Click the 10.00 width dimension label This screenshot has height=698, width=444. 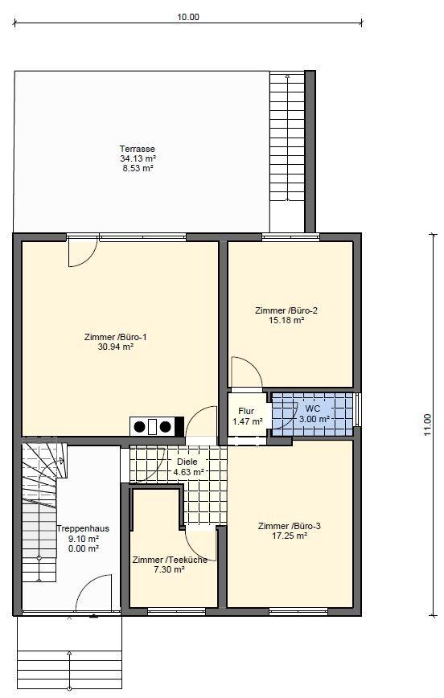[x=188, y=18]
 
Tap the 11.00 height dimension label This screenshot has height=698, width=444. [x=427, y=425]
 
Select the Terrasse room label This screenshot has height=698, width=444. [x=138, y=149]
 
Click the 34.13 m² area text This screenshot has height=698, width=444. [x=138, y=158]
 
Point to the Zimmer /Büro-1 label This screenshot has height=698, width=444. [x=115, y=337]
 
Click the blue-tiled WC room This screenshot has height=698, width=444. [x=313, y=414]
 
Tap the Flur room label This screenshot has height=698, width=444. [x=246, y=412]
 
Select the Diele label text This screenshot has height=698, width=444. [x=187, y=462]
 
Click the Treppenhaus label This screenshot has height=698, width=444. [x=83, y=529]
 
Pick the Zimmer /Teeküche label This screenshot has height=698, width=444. [x=170, y=560]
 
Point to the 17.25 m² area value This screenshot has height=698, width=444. [x=290, y=536]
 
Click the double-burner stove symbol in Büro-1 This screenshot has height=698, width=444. [x=157, y=427]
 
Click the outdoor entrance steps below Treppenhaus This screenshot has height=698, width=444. [x=69, y=655]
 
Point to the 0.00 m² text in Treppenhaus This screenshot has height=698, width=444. [x=84, y=548]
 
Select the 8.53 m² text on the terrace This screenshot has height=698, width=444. [x=138, y=168]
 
